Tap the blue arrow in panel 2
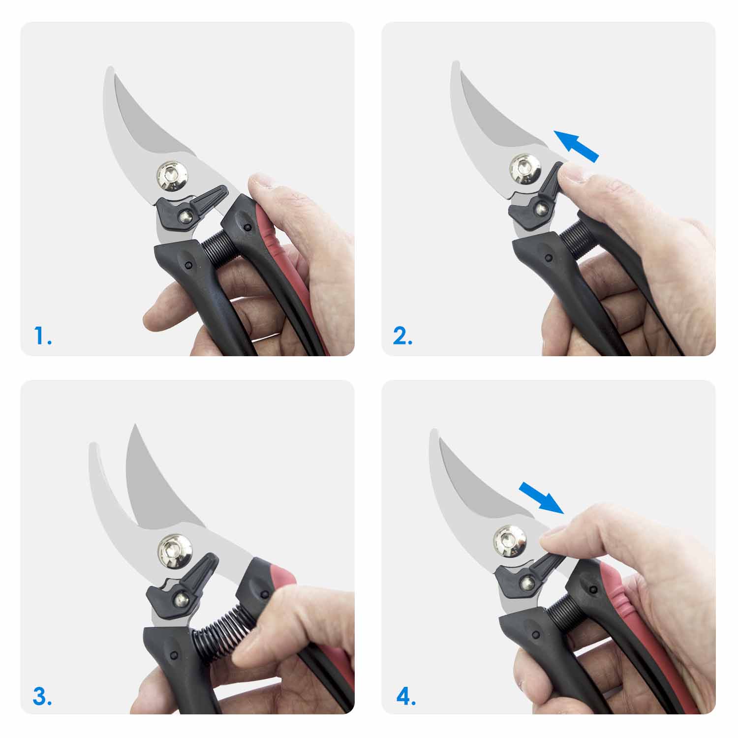tap(576, 146)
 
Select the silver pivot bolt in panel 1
tap(173, 175)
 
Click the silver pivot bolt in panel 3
tap(174, 550)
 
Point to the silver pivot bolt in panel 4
tap(510, 541)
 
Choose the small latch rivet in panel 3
tap(183, 599)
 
